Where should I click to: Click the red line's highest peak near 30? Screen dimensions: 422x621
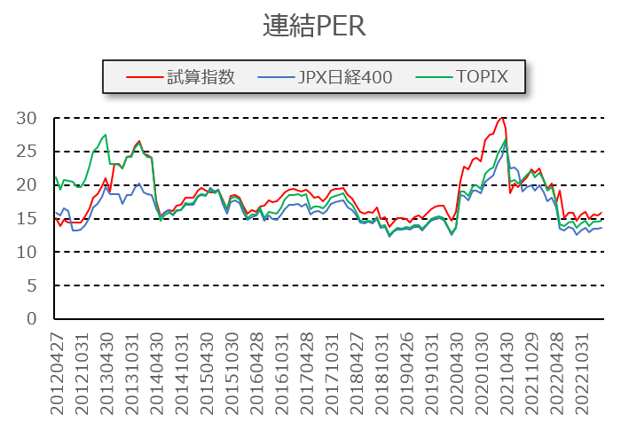click(x=502, y=117)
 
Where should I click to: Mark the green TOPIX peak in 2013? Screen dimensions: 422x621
click(x=106, y=135)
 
